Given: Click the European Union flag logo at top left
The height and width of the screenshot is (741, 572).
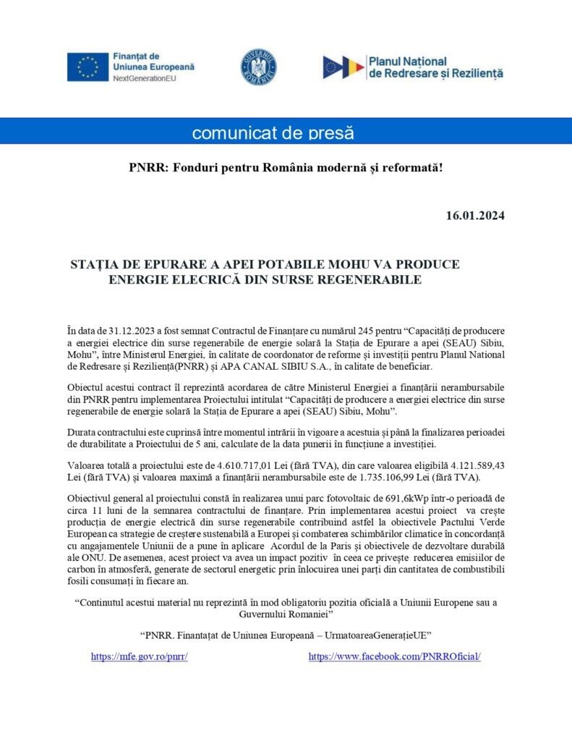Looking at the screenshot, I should point(88,67).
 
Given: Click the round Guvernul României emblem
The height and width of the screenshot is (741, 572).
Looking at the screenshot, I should point(258,67).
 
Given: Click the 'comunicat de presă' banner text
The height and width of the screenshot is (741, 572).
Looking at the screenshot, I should point(273,133).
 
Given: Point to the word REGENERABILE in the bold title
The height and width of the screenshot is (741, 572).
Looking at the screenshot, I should point(372,279).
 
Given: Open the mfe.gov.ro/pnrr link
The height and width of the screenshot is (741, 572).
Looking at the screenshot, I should point(139,656).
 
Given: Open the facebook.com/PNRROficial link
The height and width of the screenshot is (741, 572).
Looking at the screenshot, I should point(394,656).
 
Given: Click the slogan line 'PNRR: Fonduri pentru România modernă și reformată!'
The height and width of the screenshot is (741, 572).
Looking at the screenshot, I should point(286,168).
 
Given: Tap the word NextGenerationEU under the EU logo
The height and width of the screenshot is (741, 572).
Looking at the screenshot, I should point(145,77).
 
